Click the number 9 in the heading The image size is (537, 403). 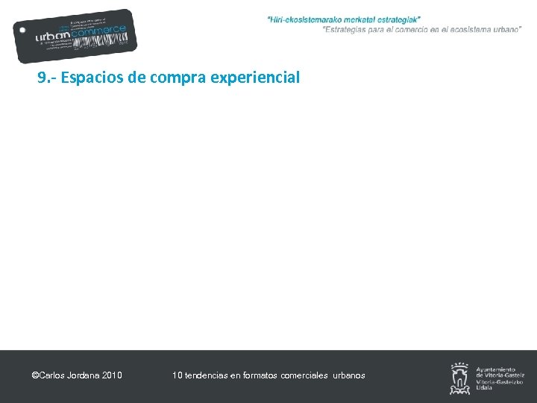[42, 77]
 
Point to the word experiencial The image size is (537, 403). [256, 78]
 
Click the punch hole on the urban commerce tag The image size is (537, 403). [23, 31]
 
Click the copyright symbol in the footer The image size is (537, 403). [35, 375]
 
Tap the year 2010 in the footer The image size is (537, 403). [112, 375]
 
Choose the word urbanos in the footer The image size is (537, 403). [349, 375]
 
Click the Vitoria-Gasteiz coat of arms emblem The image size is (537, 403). [460, 378]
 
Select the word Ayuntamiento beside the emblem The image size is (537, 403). [495, 369]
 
